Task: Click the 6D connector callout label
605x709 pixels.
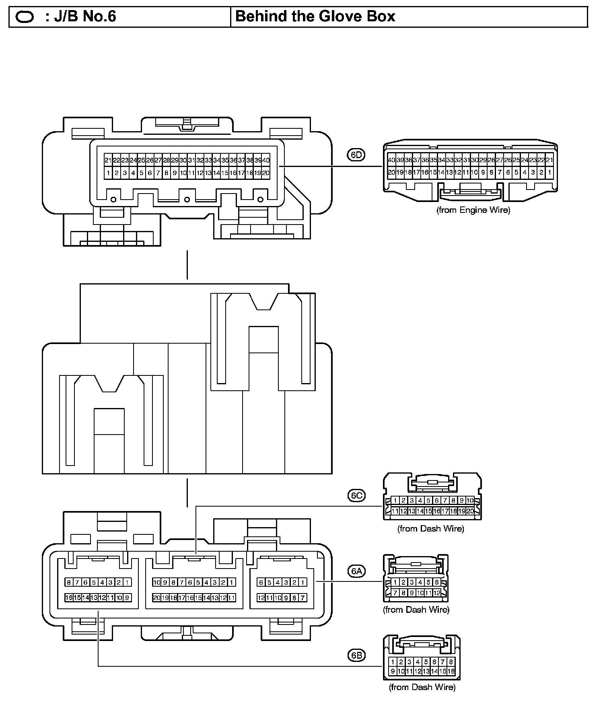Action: pyautogui.click(x=356, y=155)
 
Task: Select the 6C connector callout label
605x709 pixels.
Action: pyautogui.click(x=356, y=495)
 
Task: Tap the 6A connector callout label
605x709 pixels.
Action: pyautogui.click(x=356, y=571)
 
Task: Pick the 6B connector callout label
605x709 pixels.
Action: pyautogui.click(x=356, y=655)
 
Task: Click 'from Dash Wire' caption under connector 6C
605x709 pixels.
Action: pyautogui.click(x=430, y=528)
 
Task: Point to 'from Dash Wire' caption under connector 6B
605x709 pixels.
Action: pyautogui.click(x=422, y=687)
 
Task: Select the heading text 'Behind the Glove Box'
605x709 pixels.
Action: pyautogui.click(x=315, y=16)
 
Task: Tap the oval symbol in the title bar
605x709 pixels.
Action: pyautogui.click(x=25, y=17)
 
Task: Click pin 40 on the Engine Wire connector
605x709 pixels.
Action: pyautogui.click(x=391, y=160)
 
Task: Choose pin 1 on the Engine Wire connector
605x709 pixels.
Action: pyautogui.click(x=549, y=172)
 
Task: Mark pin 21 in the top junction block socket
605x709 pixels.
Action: pyautogui.click(x=108, y=160)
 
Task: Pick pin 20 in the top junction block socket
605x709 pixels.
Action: pyautogui.click(x=265, y=173)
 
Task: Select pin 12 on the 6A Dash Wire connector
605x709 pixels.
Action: pyautogui.click(x=437, y=593)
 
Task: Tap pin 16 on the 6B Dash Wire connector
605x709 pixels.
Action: pyautogui.click(x=451, y=671)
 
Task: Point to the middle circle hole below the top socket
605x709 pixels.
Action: pyautogui.click(x=187, y=199)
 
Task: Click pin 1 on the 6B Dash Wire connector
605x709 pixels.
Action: pyautogui.click(x=392, y=662)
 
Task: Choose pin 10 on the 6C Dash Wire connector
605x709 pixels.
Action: pyautogui.click(x=470, y=501)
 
